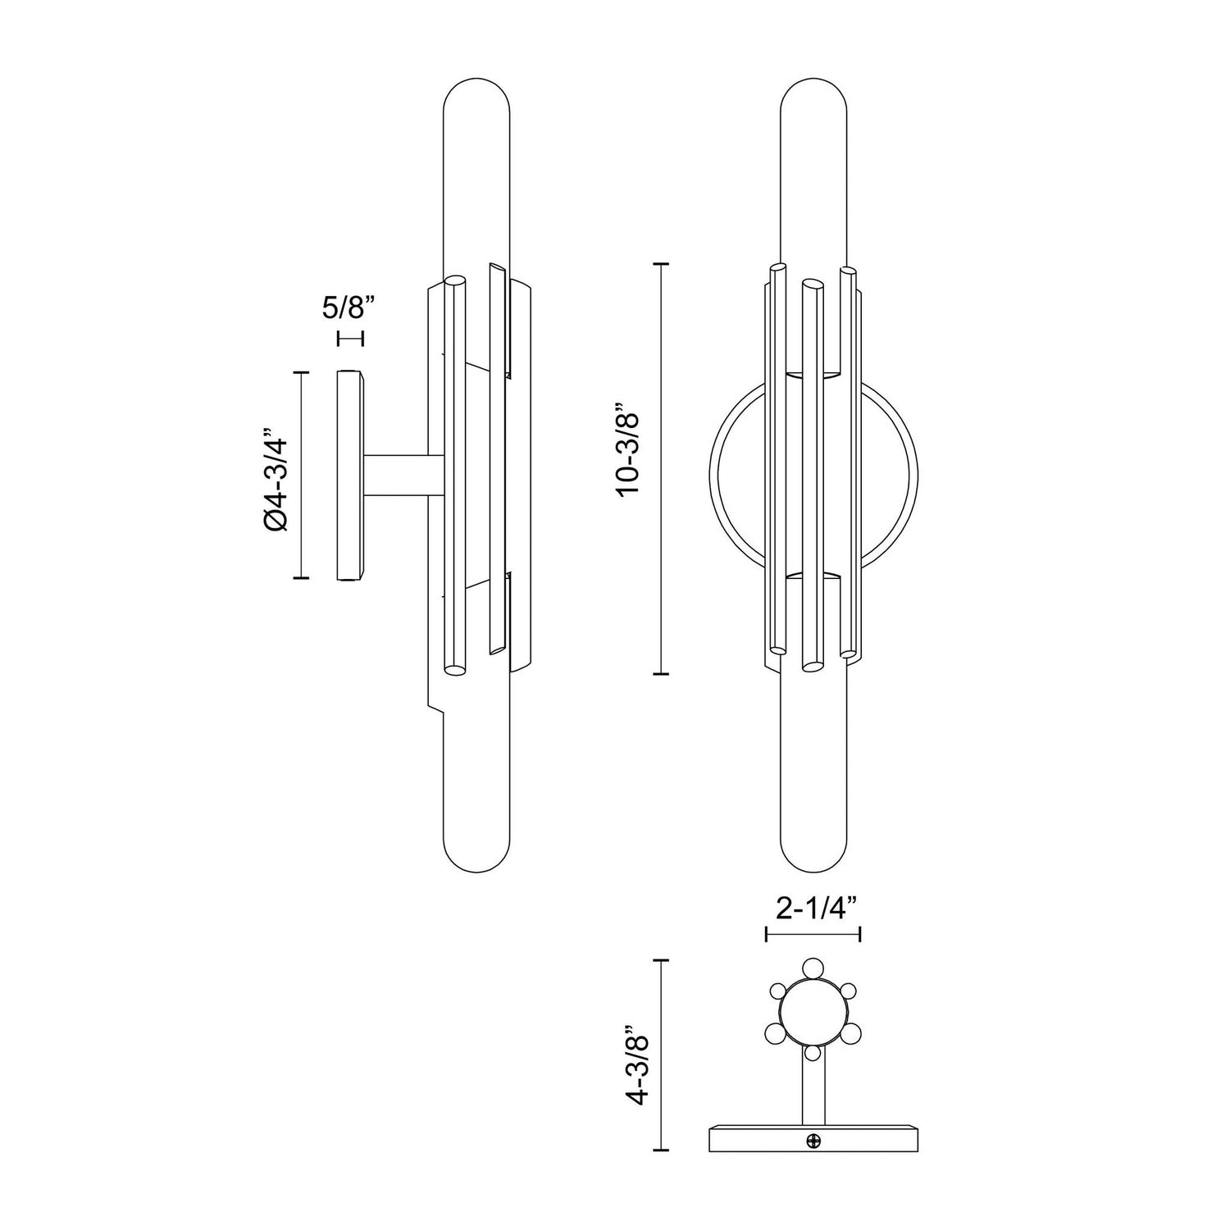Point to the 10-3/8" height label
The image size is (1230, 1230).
coord(631,449)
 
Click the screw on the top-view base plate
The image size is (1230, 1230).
coord(813,1140)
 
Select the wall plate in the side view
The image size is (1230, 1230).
coord(350,476)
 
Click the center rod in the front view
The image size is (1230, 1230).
coord(812,476)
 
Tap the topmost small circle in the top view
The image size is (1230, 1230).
coord(812,968)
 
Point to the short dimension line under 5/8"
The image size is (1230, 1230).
coord(349,338)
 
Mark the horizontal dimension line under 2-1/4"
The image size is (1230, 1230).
coord(812,933)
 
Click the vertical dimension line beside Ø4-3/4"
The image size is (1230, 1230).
coord(303,475)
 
